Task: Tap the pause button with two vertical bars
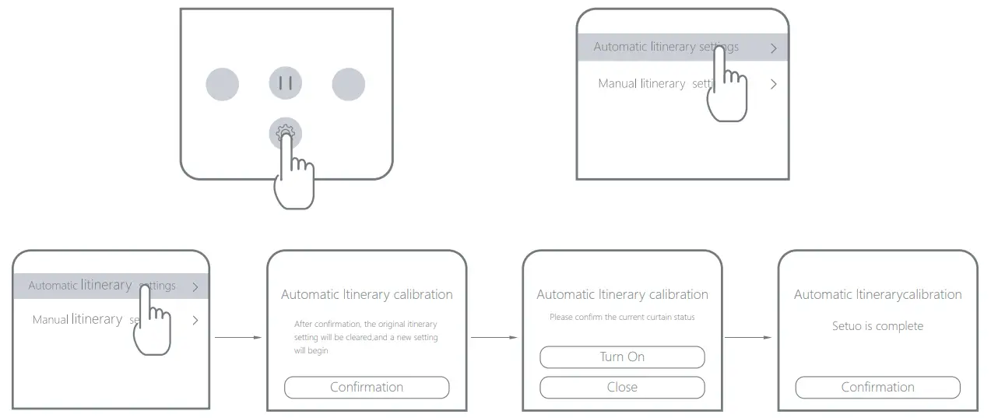285,84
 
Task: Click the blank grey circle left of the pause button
222,84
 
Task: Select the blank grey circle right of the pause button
348,84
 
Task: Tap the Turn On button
622,357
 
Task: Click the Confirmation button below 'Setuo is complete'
877,387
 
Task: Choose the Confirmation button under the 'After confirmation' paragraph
367,387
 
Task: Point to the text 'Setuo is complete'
877,326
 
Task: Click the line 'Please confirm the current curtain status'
622,317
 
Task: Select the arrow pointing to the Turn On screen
494,338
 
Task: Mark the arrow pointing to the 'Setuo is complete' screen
749,338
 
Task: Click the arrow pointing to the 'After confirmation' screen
238,338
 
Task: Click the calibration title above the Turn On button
622,294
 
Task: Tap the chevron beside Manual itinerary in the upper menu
773,84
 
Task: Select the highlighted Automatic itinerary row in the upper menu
666,47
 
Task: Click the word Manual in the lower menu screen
50,320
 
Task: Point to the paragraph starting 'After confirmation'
366,337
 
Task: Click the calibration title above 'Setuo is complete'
877,294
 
